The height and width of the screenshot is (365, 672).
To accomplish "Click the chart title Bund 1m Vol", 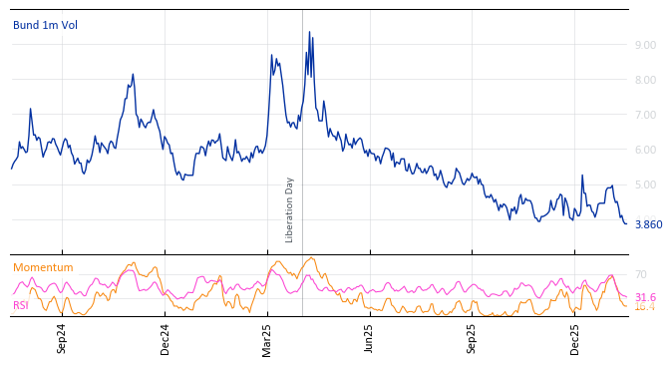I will [45, 25].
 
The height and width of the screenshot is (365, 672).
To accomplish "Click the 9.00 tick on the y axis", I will [644, 45].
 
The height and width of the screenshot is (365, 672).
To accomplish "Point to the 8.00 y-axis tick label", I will [644, 80].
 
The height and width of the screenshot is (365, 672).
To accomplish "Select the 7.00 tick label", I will [644, 115].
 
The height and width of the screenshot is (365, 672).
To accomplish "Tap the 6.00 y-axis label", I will [644, 150].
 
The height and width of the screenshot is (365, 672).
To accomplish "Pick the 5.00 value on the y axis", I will [644, 184].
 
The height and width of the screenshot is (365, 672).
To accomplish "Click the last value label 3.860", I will [648, 224].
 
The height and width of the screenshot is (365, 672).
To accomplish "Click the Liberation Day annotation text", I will [290, 209].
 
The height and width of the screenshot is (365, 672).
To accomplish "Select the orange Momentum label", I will [43, 267].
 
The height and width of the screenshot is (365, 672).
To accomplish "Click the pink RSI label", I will [21, 305].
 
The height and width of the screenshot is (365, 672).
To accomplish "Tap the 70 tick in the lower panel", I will [640, 274].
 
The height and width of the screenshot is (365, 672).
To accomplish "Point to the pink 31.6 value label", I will [645, 297].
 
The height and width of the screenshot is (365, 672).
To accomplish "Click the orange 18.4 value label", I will [645, 307].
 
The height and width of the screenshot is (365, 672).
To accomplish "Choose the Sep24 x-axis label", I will [62, 339].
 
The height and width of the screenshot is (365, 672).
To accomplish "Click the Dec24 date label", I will [166, 339].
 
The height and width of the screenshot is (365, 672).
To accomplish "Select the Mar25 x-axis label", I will [267, 339].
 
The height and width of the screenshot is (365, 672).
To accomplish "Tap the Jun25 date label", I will [370, 339].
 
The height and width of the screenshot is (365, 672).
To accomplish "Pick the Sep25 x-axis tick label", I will [473, 339].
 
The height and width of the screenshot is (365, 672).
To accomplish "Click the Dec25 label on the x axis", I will [575, 339].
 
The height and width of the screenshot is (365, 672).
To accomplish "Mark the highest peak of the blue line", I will [309, 32].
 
